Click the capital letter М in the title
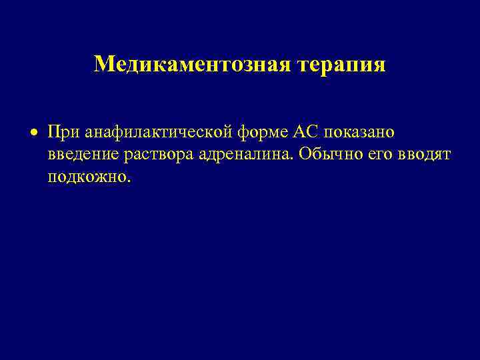tap(103, 64)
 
